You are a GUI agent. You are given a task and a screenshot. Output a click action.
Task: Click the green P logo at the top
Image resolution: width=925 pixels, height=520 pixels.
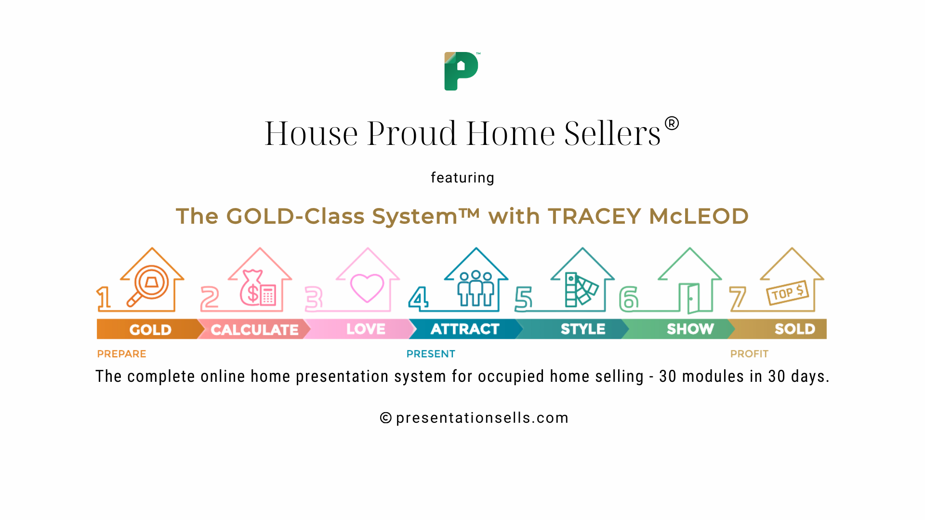tap(461, 71)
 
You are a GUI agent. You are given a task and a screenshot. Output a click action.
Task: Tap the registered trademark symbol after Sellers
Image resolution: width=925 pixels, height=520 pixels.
tap(672, 124)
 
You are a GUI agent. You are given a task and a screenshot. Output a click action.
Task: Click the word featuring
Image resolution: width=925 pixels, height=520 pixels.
tap(462, 178)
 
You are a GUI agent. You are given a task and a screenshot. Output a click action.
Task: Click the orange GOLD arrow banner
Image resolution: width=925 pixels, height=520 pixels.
tap(149, 329)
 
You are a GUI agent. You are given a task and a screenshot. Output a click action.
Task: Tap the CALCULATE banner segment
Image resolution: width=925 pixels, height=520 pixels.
tap(254, 329)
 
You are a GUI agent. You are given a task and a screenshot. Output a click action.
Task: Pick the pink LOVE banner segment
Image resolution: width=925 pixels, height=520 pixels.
tap(365, 329)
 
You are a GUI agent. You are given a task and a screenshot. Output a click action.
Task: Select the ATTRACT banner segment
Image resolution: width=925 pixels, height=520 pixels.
tap(464, 329)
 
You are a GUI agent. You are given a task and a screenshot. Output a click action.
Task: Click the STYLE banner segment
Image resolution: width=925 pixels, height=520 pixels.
tap(582, 329)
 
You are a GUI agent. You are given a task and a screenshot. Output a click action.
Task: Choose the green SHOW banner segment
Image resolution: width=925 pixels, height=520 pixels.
tap(689, 329)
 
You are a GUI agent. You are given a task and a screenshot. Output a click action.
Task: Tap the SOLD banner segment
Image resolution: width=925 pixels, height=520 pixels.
tap(794, 329)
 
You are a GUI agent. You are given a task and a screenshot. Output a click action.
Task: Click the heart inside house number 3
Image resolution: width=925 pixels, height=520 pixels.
tap(367, 287)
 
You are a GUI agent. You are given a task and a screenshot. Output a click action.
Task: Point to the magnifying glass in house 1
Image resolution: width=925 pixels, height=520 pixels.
tap(148, 286)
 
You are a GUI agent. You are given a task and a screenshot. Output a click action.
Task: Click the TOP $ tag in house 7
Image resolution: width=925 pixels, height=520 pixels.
tap(787, 292)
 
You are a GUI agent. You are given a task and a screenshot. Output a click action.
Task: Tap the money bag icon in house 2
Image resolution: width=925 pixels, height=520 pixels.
tap(251, 288)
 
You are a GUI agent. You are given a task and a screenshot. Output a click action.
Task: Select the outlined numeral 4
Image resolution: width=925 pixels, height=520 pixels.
tap(418, 299)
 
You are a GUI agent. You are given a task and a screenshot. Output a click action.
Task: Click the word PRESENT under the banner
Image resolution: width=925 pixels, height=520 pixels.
tap(431, 354)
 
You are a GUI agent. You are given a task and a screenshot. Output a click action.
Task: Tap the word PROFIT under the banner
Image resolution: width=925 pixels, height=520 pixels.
tap(749, 354)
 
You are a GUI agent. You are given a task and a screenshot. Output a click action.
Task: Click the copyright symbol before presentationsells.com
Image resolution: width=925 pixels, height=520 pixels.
tap(385, 418)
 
